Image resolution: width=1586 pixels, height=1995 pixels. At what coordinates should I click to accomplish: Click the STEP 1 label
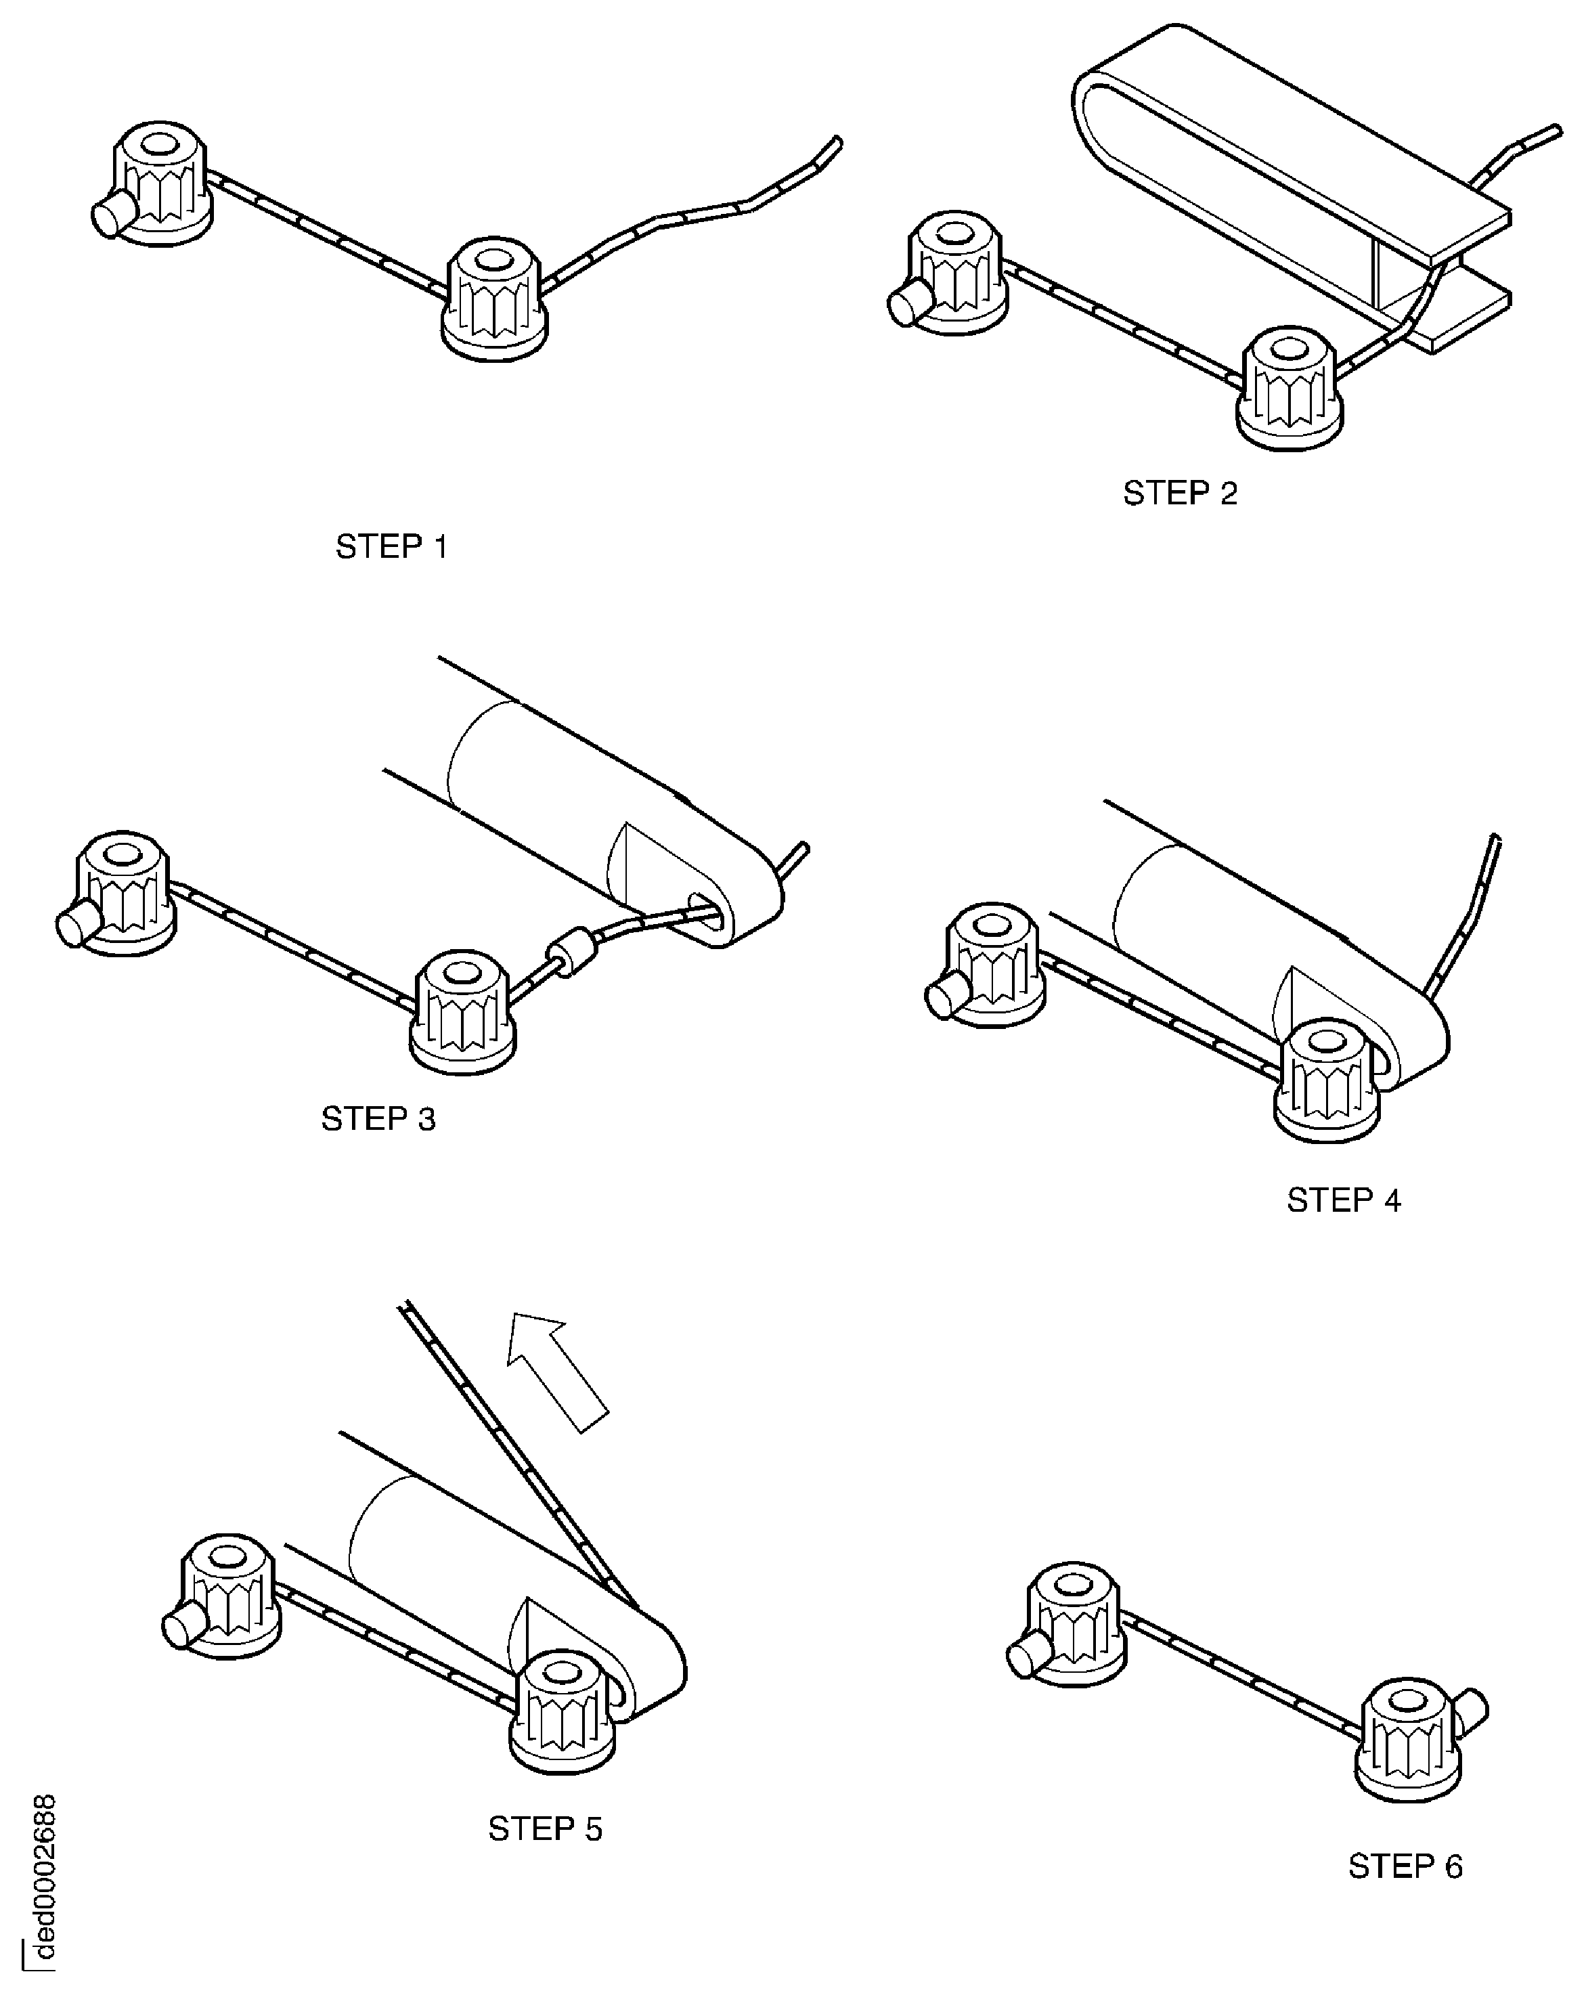[391, 547]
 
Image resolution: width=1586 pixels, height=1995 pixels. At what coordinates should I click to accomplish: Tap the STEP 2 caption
[1179, 494]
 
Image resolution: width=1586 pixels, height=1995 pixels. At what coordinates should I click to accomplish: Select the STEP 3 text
[378, 1119]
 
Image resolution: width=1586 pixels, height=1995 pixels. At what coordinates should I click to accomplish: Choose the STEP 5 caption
[545, 1828]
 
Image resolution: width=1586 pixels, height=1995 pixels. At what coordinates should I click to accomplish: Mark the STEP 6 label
[1405, 1866]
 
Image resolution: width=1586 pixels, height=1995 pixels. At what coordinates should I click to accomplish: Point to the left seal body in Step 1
[162, 184]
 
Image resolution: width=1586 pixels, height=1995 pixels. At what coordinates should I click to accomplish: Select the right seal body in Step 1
[495, 300]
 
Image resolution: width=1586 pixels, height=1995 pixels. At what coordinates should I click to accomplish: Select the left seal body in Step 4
[994, 966]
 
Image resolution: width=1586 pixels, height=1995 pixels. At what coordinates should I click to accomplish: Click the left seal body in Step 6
[1074, 1619]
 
